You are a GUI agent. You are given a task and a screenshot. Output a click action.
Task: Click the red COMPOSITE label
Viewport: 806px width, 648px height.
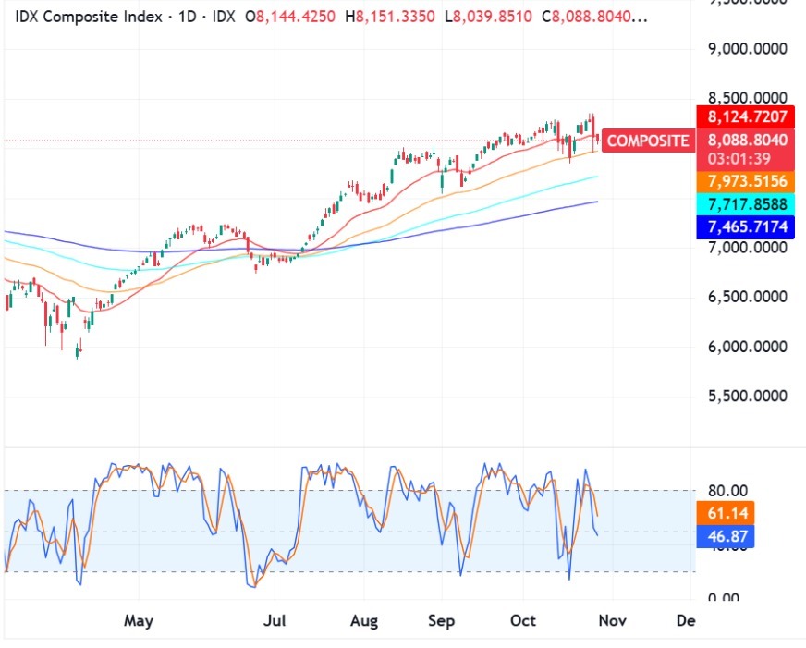click(647, 141)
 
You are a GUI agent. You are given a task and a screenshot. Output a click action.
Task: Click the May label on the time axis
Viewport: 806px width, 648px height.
click(138, 621)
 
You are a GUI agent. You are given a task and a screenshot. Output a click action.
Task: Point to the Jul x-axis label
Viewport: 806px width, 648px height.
click(275, 621)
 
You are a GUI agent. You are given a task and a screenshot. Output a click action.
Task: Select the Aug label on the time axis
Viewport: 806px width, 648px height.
click(364, 621)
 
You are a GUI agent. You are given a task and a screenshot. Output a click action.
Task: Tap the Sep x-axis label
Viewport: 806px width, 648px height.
click(442, 621)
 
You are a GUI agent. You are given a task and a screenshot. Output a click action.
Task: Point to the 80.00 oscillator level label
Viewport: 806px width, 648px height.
click(727, 491)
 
